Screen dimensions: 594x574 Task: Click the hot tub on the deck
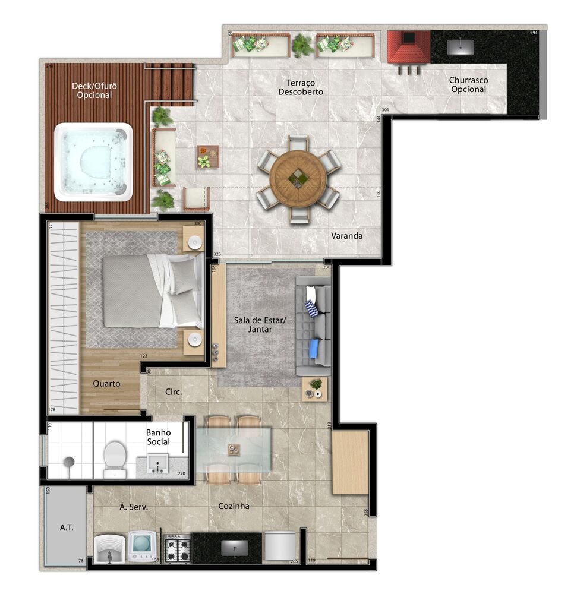click(93, 162)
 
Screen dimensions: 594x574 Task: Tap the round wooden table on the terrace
click(298, 179)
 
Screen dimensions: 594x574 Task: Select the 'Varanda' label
click(347, 236)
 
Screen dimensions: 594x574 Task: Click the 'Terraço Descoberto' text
click(301, 87)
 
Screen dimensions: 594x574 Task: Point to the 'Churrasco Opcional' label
click(468, 84)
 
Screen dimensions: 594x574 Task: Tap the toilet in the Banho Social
click(115, 459)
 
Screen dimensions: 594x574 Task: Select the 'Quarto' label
click(106, 383)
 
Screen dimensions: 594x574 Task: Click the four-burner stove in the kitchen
click(177, 548)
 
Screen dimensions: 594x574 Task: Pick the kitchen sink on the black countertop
click(235, 548)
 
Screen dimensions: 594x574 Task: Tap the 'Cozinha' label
click(234, 506)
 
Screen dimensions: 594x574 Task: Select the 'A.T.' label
click(66, 527)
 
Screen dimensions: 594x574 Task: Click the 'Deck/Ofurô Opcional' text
click(94, 90)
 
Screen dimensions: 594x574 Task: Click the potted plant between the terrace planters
click(303, 45)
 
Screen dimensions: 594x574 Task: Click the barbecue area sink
click(461, 46)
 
